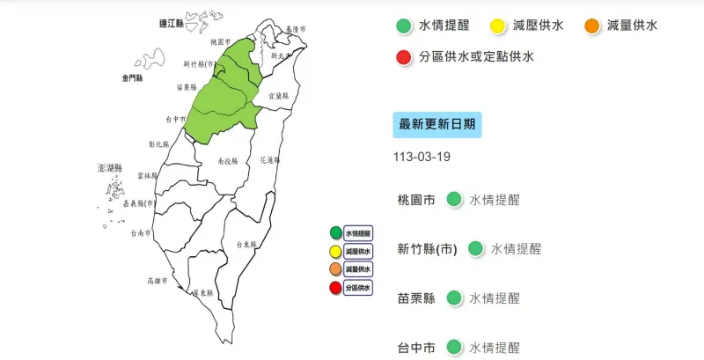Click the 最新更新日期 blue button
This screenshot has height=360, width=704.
tap(436, 125)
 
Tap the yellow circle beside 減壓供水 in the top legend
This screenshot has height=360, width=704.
tap(496, 26)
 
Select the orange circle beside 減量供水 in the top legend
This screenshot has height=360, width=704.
tap(591, 26)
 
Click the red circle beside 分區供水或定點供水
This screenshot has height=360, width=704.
tap(404, 58)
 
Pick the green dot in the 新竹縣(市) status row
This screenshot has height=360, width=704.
tap(475, 249)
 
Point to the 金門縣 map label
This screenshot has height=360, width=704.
tap(131, 78)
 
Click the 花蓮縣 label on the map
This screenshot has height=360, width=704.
tap(271, 161)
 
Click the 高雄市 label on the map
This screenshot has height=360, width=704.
tap(159, 281)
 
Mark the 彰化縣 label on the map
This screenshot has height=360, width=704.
tap(159, 143)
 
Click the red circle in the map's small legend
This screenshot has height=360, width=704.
tap(335, 288)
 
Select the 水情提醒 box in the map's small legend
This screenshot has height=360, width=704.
tap(358, 233)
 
